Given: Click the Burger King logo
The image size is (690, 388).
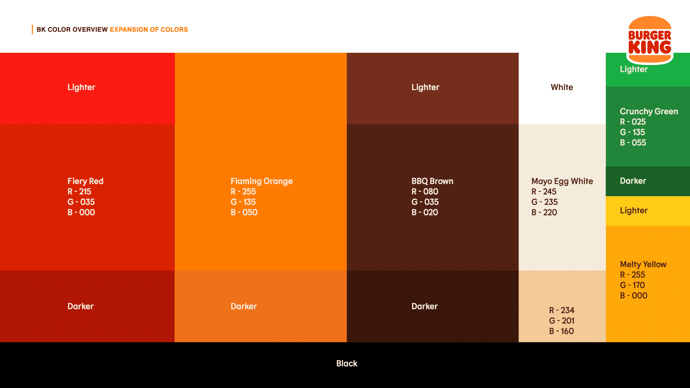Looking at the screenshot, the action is pos(650,40).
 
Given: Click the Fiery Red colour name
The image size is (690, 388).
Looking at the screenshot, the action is pos(86,181).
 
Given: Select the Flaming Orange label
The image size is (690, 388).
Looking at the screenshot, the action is pos(262,181).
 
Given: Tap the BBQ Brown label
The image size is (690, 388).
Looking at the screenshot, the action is pos(432,181).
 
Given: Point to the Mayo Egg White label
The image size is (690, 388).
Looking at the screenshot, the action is pos(562,181).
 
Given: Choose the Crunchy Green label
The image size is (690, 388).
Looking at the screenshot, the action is pos(649,112).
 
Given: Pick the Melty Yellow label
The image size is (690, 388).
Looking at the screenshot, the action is pos(643,264).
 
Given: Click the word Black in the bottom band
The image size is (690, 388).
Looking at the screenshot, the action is pos(347,364).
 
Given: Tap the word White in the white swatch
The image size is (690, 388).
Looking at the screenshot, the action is pos(562,87).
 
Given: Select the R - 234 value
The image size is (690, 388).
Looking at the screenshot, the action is pos(562,310).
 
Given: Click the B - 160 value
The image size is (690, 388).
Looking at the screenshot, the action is pos(561,331).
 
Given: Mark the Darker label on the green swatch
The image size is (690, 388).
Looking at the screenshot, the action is pos(633,181).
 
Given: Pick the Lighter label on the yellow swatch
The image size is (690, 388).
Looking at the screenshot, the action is pos(634,211).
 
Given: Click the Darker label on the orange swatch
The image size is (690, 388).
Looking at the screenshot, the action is pos(244,306).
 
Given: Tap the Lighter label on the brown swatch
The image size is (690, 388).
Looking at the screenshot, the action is pos(425,87).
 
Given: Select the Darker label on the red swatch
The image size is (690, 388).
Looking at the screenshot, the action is pos(80,306).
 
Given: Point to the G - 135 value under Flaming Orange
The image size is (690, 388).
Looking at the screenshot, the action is pos(243,202).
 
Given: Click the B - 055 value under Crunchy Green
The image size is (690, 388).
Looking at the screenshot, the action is pos(633,143).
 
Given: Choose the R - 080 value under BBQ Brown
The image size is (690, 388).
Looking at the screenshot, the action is pos(425,191).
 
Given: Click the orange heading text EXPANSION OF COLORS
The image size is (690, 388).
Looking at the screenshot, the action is pos(149,29).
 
